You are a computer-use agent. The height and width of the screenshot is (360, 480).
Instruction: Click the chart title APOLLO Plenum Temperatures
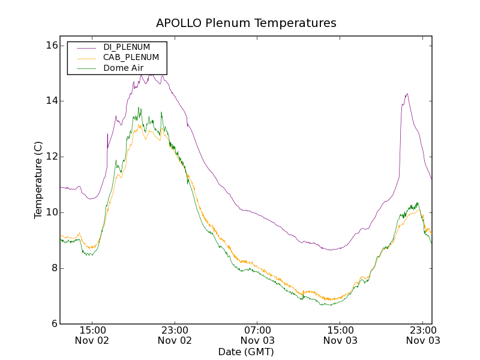246,23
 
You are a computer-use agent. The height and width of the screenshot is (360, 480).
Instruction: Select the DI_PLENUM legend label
127,47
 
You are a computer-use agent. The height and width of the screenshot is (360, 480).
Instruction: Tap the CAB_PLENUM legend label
131,57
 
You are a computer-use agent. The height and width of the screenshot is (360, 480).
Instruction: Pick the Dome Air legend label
123,68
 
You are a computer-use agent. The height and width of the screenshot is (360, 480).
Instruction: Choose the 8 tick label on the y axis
53,268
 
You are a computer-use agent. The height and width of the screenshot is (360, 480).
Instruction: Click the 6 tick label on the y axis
53,324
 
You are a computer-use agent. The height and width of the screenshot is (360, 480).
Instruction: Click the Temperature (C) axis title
38,180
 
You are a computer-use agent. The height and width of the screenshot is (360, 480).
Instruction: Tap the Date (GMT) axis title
246,352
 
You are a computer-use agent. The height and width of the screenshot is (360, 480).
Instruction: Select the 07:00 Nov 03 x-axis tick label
257,335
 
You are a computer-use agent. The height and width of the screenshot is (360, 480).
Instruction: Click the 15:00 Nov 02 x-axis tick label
92,335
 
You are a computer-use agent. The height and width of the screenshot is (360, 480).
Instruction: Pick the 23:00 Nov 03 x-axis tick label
423,335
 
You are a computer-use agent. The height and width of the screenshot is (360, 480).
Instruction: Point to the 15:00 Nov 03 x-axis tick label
340,335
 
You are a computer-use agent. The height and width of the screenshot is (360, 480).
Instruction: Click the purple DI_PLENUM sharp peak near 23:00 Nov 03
407,94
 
